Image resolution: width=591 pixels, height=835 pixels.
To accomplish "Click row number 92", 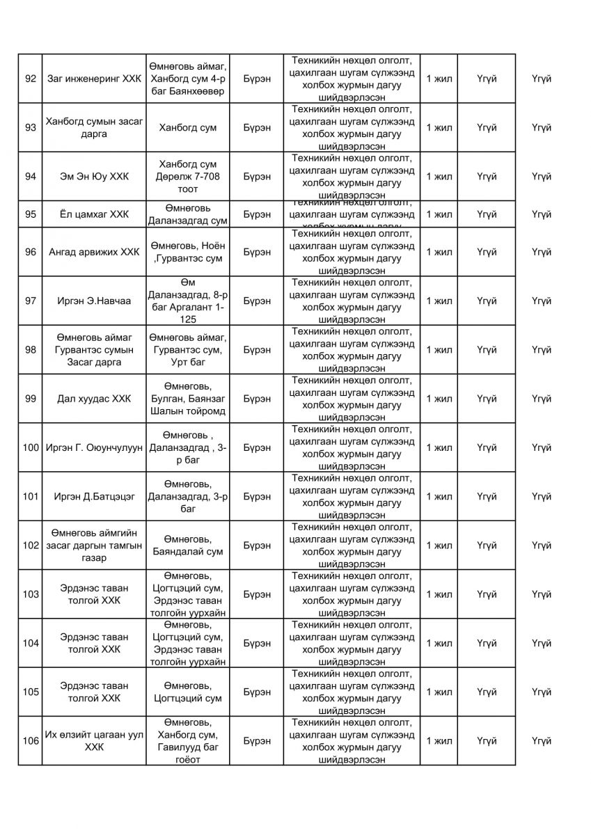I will coord(30,79).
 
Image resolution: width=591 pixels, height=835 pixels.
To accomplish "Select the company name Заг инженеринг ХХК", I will coord(93,79).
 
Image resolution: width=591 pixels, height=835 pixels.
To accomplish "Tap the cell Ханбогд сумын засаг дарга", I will coord(93,127).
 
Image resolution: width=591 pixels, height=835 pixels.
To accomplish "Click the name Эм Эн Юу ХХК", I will coord(93,176).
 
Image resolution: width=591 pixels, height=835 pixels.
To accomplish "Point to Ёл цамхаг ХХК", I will coord(93,214).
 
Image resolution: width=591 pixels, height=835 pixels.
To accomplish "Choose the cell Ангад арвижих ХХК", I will coord(93,252).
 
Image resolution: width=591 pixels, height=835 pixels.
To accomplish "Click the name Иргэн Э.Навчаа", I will coord(93,301).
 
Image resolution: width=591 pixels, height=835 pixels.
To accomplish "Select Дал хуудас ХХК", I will coord(93,399).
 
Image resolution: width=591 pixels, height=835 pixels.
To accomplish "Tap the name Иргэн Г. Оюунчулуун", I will coord(93,447).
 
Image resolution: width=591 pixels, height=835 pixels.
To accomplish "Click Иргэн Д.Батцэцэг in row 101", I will coord(93,496).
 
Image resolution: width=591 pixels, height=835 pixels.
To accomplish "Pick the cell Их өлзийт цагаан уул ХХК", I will coord(93,741).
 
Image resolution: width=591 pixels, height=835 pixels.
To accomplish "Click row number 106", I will coord(30,741).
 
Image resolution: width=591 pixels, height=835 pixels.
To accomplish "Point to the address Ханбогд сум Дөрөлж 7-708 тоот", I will coord(187,176).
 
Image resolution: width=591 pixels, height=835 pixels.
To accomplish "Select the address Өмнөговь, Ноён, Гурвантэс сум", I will coord(187,252).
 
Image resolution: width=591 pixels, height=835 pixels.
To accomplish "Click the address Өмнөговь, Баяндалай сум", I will coord(187,546).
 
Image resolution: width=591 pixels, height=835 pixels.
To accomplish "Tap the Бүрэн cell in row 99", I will coord(258,399).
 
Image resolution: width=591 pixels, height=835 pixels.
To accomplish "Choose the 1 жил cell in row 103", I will coord(439,594).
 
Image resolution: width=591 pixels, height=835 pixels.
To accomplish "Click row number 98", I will coord(30,349).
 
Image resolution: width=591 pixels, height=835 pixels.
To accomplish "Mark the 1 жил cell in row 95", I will coord(439,214).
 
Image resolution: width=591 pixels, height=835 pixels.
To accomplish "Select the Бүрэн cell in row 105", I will coord(258,692).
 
